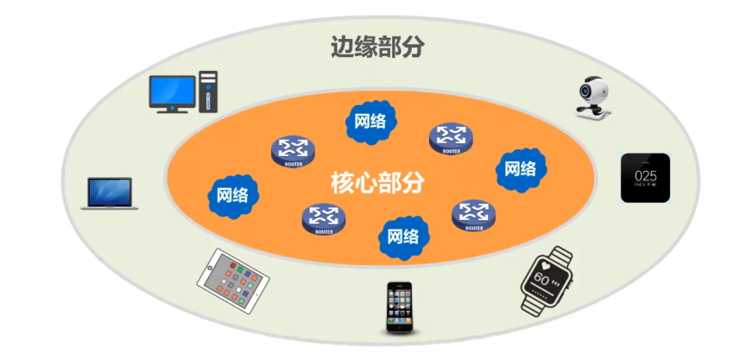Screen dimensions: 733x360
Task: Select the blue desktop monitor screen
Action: coord(173,91)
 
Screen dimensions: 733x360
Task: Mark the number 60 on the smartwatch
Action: coord(541,279)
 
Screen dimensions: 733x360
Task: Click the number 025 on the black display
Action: coord(646,171)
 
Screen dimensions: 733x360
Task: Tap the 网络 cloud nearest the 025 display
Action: coord(520,167)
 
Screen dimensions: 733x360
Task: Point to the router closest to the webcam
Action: coord(452,137)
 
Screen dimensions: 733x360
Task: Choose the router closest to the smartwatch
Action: coord(473,214)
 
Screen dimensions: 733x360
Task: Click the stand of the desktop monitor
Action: coord(172,109)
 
